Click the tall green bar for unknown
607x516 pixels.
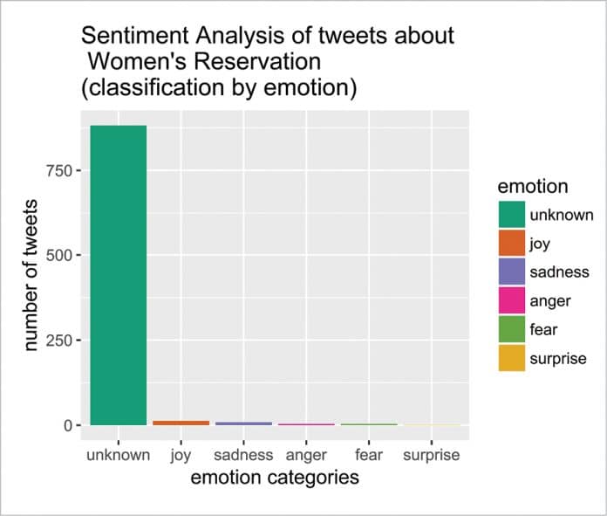pos(119,275)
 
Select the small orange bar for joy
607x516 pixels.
pos(181,423)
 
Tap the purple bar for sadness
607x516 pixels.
pos(243,423)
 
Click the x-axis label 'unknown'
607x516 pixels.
pos(119,455)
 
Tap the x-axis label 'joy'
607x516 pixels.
pos(181,455)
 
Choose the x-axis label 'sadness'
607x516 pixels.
pos(243,455)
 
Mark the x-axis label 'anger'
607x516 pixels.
pos(306,455)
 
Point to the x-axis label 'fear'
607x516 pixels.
pos(369,455)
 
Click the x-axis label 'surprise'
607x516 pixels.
pos(431,455)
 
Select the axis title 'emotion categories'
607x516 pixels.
pos(275,478)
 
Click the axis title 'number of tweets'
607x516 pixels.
pos(32,275)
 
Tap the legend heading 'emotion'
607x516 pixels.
pos(533,187)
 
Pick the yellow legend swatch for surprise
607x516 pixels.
pos(512,358)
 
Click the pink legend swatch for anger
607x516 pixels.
pos(512,300)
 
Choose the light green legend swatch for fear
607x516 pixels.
pos(512,329)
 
